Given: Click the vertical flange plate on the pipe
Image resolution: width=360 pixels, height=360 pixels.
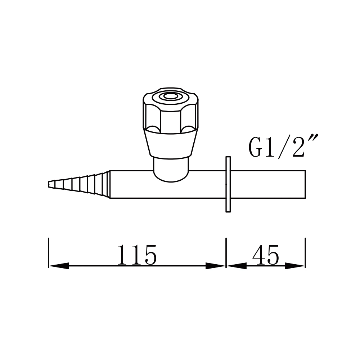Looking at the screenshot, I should point(228,184).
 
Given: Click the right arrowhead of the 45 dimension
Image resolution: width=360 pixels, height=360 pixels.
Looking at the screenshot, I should point(295,266).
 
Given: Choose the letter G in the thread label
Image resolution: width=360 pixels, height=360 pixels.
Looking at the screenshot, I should point(256,148).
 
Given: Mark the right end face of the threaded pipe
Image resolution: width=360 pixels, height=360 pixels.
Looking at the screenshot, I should point(305,184).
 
